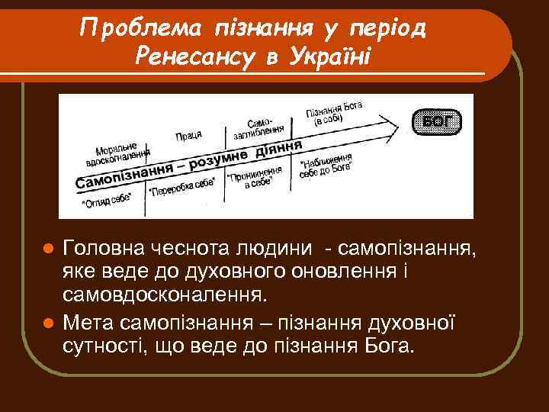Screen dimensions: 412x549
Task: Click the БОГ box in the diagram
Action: tap(437, 121)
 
